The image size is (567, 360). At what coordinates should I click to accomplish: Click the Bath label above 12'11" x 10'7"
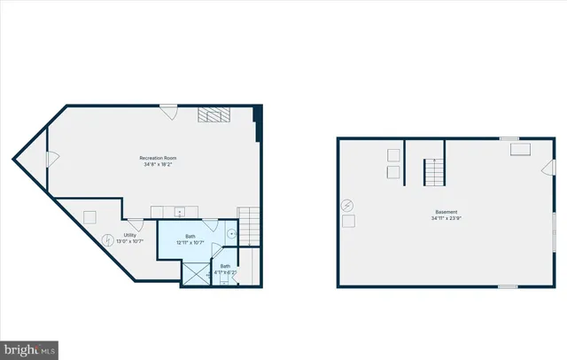pyautogui.click(x=190, y=237)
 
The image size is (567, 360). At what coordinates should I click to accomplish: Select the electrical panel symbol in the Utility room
pyautogui.click(x=109, y=239)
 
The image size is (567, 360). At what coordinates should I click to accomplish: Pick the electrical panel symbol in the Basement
pyautogui.click(x=347, y=204)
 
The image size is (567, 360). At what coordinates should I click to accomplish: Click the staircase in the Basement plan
pyautogui.click(x=433, y=172)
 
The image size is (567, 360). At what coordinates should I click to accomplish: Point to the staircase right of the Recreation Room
pyautogui.click(x=249, y=223)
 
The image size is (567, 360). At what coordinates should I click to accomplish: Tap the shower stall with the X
pyautogui.click(x=194, y=274)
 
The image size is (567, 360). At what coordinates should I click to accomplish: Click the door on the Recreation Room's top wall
pyautogui.click(x=168, y=112)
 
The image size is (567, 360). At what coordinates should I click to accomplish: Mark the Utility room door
pyautogui.click(x=136, y=224)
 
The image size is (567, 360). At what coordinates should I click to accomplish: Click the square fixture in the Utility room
pyautogui.click(x=89, y=217)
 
